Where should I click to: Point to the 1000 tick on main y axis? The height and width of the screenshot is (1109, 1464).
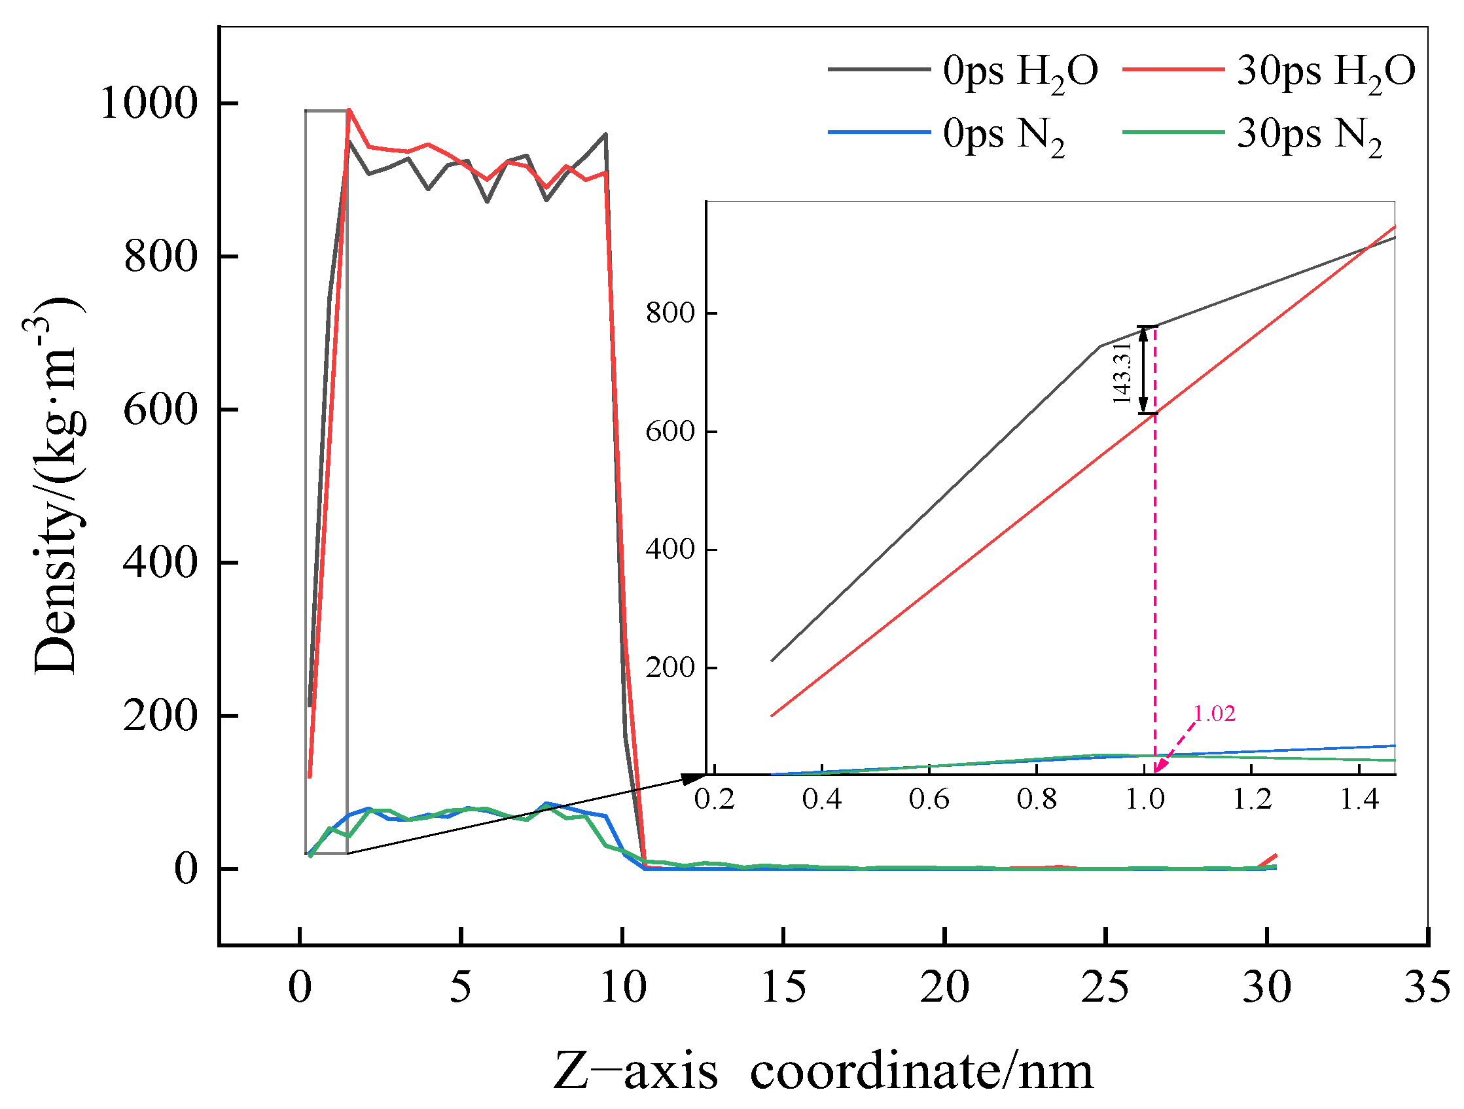(149, 104)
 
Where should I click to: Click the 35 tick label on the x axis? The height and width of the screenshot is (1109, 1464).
(1426, 988)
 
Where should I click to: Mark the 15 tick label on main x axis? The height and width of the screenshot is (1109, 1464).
(783, 988)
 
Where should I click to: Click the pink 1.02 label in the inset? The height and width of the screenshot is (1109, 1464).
(1215, 713)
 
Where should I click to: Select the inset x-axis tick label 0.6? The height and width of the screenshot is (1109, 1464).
(929, 800)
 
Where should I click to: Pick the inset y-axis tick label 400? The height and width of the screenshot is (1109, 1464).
(670, 549)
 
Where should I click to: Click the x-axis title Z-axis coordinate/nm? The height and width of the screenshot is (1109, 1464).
(823, 1071)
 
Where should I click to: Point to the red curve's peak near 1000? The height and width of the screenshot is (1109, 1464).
(349, 110)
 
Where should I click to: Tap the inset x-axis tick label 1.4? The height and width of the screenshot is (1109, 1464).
(1359, 800)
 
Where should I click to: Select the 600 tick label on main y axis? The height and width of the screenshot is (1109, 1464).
(161, 410)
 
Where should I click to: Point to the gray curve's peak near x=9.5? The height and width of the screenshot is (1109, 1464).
(605, 134)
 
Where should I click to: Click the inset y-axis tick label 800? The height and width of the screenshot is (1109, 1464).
(670, 313)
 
